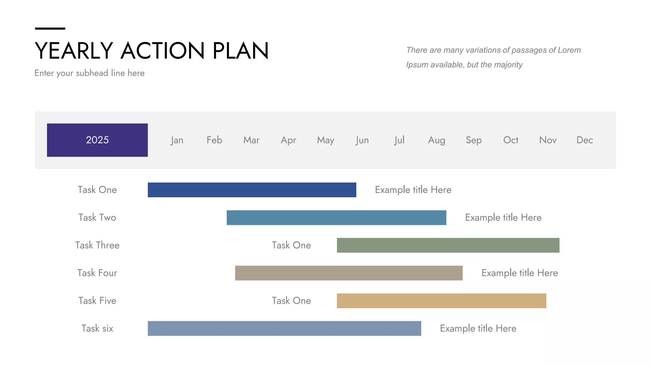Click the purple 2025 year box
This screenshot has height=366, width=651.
97,140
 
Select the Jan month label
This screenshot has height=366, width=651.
177,140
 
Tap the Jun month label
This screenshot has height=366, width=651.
362,140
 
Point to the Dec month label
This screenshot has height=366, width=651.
585,140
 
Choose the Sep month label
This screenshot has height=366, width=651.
474,140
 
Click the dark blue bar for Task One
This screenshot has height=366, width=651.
252,190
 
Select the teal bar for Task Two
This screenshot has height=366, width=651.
336,218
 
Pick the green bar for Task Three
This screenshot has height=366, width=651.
448,245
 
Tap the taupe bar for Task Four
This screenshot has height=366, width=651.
349,273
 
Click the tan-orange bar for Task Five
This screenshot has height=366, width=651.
442,301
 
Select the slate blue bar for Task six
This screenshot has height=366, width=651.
284,329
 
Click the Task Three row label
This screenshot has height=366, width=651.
97,245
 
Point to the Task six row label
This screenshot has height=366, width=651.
97,329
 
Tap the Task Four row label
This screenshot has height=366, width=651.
97,273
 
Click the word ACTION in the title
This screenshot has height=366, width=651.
162,51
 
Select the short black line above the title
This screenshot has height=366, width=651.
50,29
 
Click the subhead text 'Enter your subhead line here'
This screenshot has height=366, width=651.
89,73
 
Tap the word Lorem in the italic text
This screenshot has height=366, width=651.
569,50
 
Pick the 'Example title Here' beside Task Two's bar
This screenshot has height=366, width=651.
503,218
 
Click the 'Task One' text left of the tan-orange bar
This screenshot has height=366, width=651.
291,301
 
